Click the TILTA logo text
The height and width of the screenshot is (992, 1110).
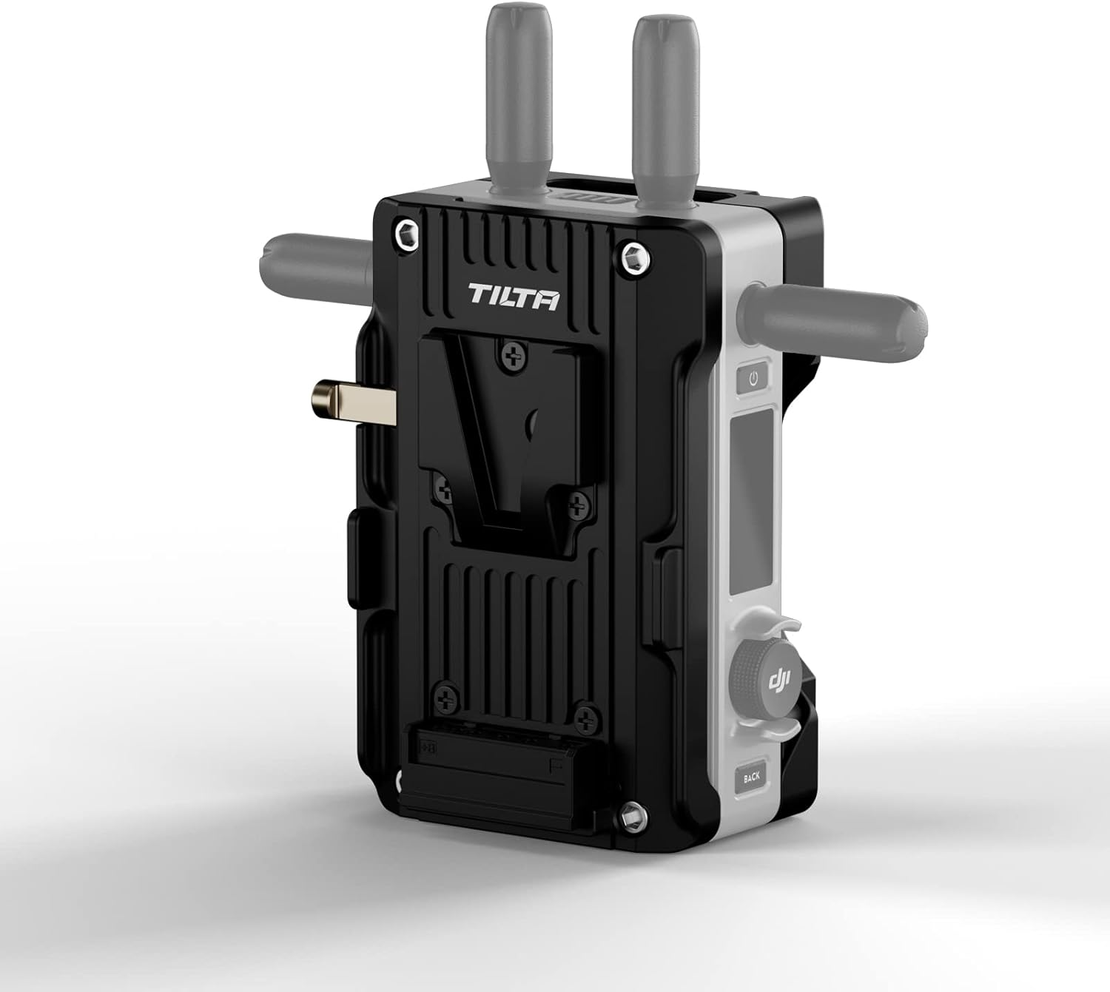pos(514,297)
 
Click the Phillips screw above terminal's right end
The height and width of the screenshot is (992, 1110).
pos(586,715)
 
